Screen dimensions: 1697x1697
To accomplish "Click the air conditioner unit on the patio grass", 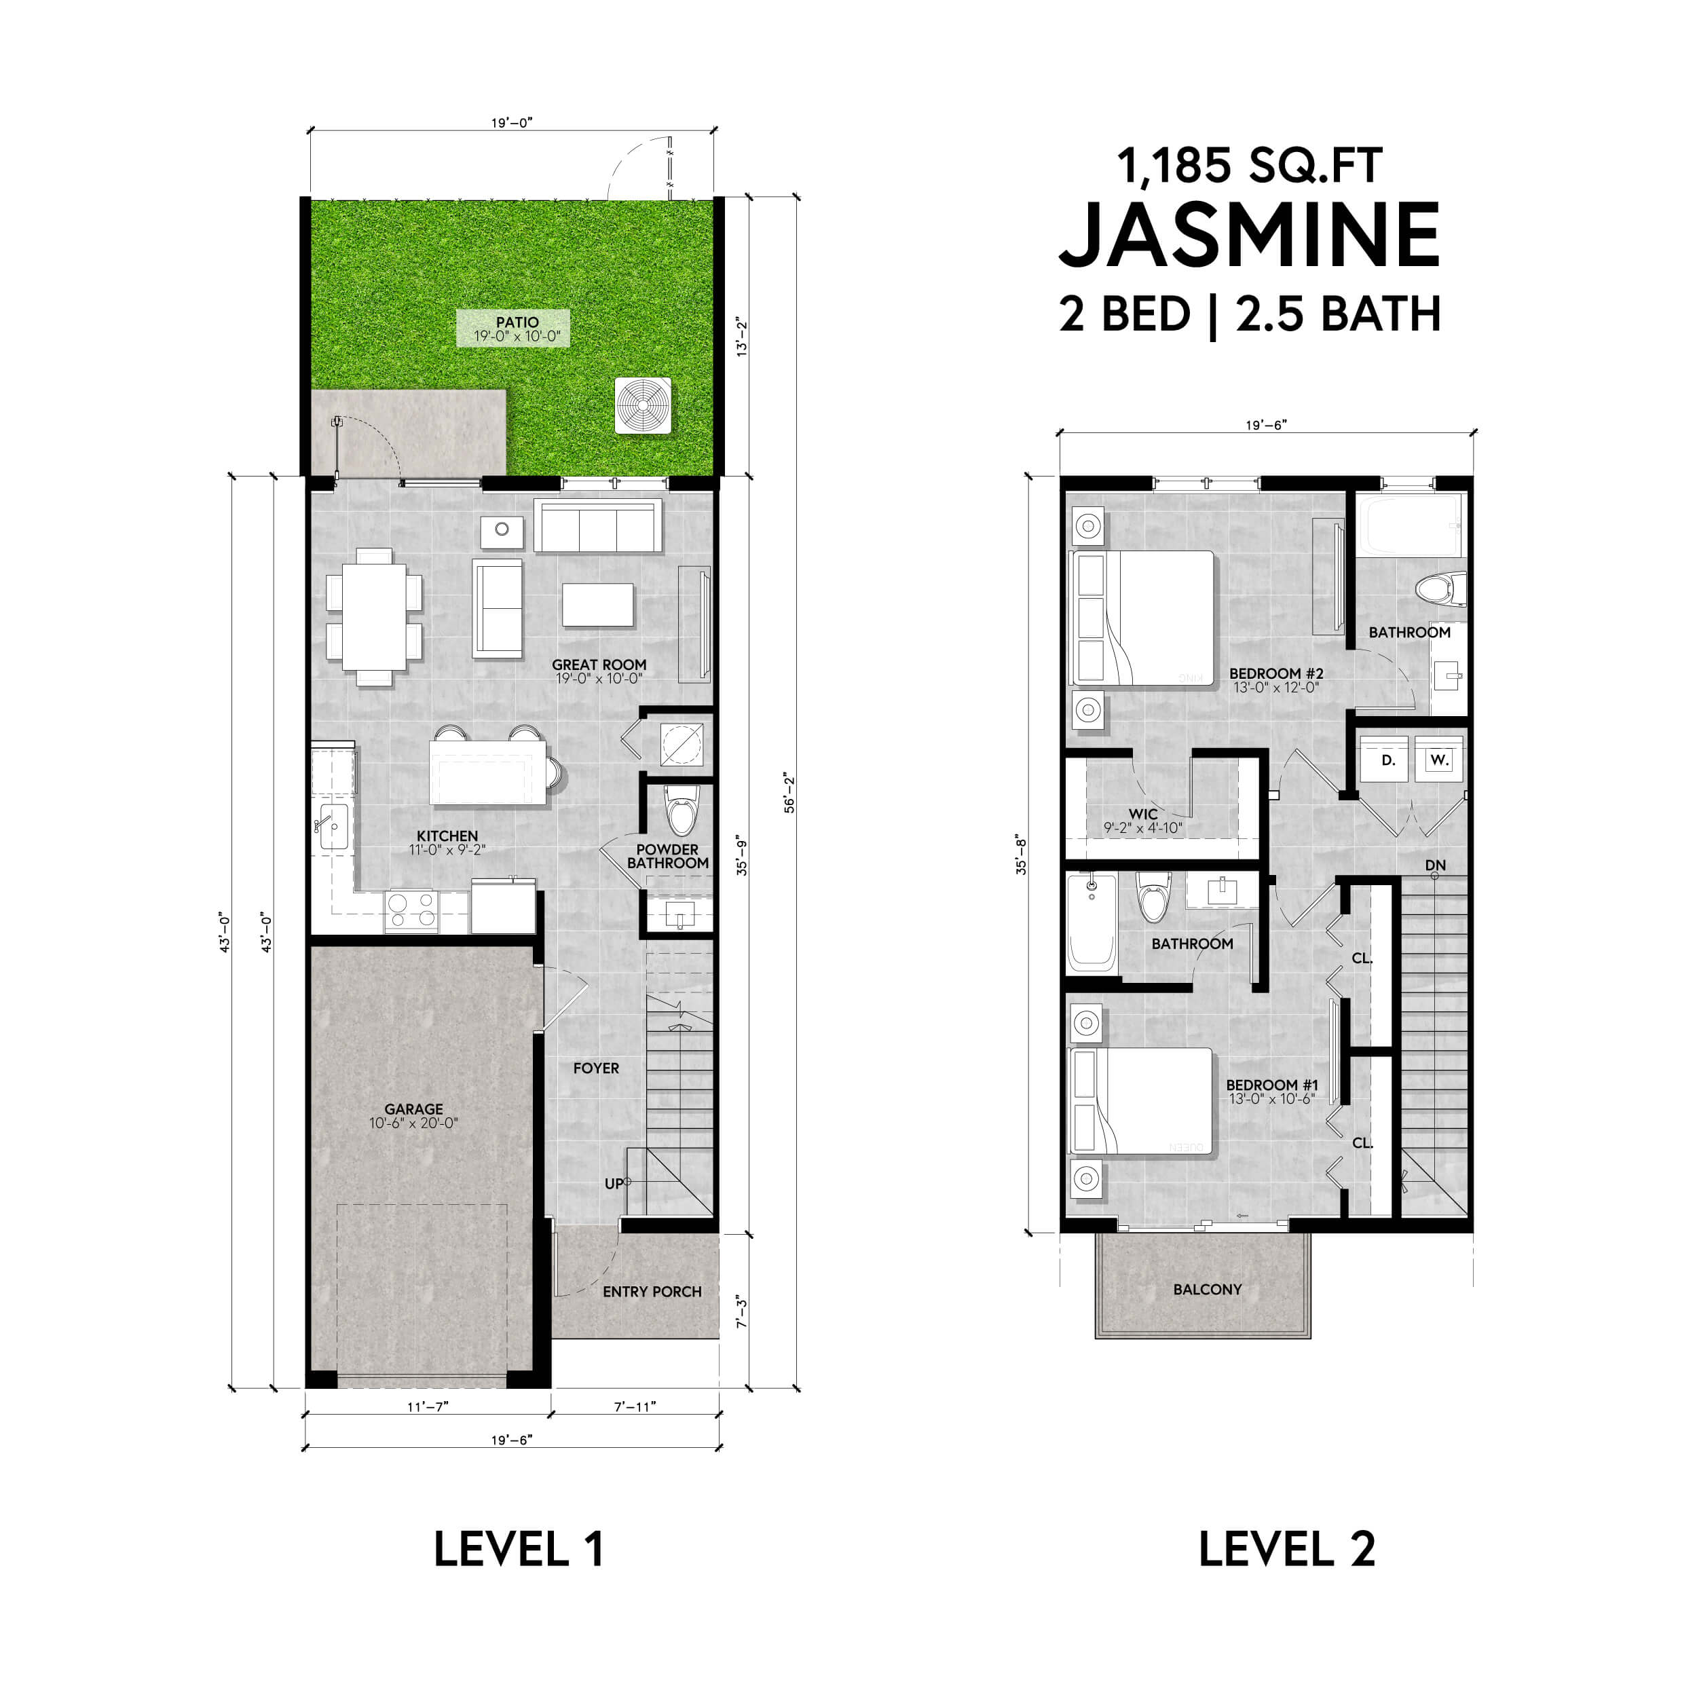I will (643, 405).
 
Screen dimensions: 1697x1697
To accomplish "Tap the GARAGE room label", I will (413, 1109).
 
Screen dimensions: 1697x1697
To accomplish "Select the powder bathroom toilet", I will (682, 808).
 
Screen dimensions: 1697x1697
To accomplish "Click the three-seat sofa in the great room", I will (597, 526).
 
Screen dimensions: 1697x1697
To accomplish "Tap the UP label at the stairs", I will (614, 1184).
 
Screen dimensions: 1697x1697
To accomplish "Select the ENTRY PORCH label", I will (652, 1291).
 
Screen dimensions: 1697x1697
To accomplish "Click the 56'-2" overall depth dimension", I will (789, 793).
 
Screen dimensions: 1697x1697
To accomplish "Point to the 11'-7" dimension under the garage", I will (428, 1406).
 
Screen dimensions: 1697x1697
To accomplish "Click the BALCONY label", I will (1207, 1290).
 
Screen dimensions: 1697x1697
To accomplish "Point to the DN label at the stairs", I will (1435, 865).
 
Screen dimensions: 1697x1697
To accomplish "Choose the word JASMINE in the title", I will (1249, 236).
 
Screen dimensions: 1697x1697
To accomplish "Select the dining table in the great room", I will (374, 616).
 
